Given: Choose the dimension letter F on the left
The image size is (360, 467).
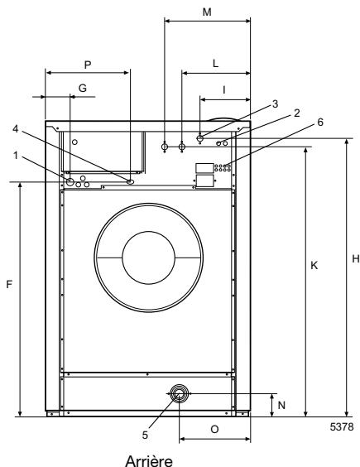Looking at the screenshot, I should (x=8, y=283).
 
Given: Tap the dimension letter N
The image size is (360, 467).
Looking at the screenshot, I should (x=281, y=405).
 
